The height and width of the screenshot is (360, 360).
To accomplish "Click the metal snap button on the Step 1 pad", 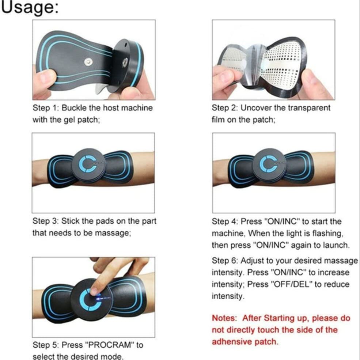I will (88, 62).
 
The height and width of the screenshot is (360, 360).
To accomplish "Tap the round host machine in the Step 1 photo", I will (128, 64).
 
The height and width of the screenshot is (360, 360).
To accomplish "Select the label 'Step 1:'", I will (45, 108).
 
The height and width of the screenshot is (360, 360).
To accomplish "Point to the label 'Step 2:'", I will (225, 108).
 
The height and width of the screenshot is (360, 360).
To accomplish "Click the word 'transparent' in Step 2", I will (310, 108).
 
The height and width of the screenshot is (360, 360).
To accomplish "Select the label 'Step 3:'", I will (45, 221).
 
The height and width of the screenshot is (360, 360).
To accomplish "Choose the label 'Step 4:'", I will (225, 221).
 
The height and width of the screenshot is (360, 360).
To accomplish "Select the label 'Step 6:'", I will (225, 261).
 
